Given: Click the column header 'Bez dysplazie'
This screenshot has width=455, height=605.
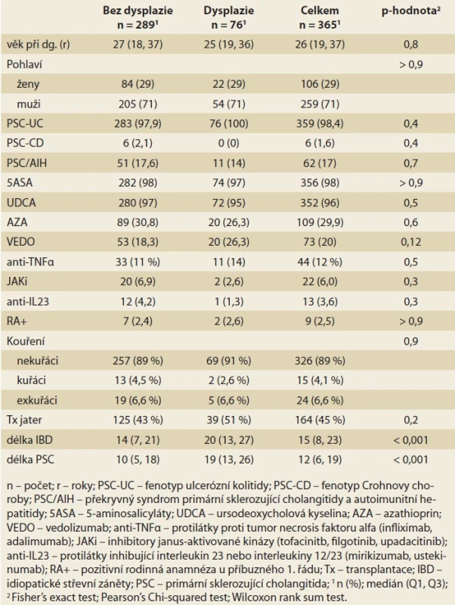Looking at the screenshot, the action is (x=138, y=11).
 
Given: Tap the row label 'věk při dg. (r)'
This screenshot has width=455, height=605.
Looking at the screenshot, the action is (x=39, y=45).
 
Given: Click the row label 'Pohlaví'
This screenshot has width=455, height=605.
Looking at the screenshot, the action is (x=24, y=64).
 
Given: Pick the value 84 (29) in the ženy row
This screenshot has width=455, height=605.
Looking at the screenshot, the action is (x=138, y=84).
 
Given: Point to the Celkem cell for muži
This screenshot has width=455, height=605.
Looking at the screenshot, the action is (x=320, y=104).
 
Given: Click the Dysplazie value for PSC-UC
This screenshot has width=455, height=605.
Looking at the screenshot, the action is (x=229, y=124).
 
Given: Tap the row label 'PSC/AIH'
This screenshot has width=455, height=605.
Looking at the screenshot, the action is (x=26, y=163).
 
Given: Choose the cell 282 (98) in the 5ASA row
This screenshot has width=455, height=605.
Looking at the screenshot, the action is (x=138, y=183).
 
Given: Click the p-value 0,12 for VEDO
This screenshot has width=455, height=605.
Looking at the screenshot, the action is (x=411, y=242).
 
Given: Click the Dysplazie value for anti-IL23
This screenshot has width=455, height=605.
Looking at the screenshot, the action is (x=229, y=301).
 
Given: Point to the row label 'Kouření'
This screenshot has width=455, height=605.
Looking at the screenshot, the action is (x=26, y=341).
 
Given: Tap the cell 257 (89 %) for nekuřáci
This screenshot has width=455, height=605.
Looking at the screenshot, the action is (x=138, y=361).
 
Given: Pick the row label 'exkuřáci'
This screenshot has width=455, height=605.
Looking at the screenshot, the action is (x=37, y=400).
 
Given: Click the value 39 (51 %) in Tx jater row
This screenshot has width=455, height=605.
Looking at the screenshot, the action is (x=229, y=420).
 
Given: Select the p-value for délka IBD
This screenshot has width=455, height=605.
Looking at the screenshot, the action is (x=411, y=440).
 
